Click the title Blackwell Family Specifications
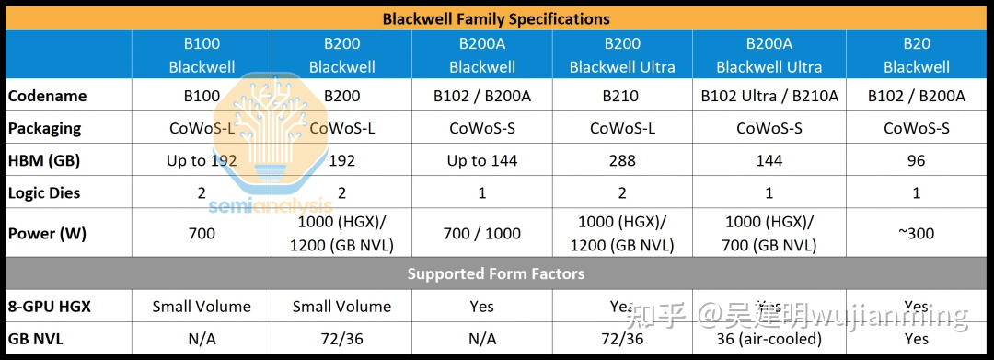click(x=496, y=18)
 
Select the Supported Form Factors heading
click(x=496, y=273)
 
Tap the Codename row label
click(x=47, y=96)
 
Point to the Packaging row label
click(x=45, y=128)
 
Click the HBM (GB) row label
click(x=44, y=160)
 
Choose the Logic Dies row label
click(x=44, y=192)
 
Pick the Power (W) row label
click(x=47, y=233)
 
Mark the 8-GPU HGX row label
click(x=50, y=306)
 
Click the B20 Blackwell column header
click(x=916, y=55)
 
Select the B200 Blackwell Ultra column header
click(x=622, y=55)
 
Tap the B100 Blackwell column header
click(x=202, y=55)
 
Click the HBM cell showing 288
click(x=622, y=160)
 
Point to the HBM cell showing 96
click(x=916, y=160)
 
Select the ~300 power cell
click(x=916, y=233)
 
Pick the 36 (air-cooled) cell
click(x=769, y=338)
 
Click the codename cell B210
click(x=622, y=96)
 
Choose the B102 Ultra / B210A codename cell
click(x=769, y=96)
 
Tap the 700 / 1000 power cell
click(x=481, y=233)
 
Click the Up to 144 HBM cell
click(x=481, y=160)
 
